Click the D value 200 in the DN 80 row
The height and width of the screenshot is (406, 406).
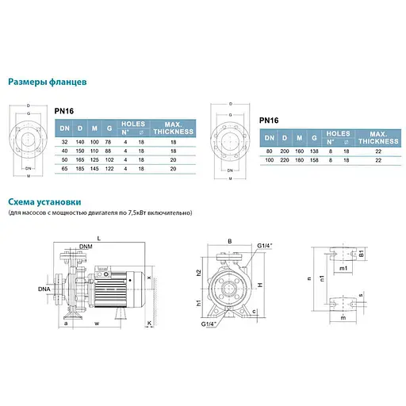(284, 149)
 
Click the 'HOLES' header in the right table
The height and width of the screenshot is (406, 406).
(338, 134)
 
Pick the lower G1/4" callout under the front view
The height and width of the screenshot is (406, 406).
(211, 324)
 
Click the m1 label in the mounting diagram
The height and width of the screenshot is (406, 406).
(344, 270)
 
